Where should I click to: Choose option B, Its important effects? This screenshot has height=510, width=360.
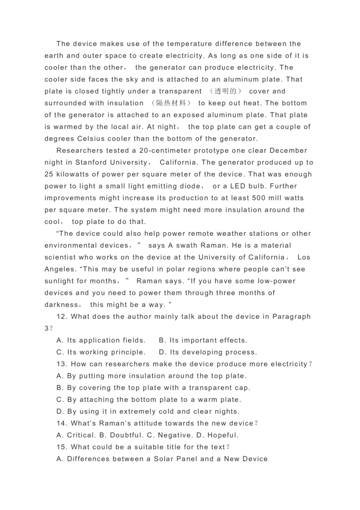[203, 340]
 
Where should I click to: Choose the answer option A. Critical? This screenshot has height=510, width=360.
[76, 435]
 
